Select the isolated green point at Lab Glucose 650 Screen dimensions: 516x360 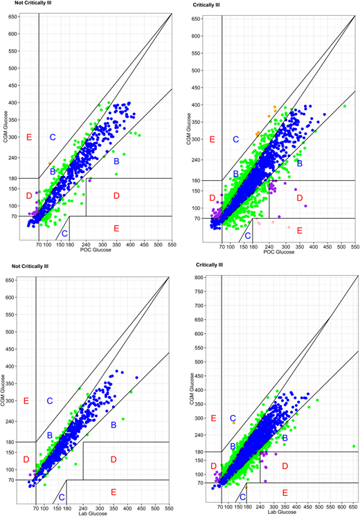(354, 447)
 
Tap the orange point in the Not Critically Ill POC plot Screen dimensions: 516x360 (49, 163)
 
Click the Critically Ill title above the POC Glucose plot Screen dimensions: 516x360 (207, 6)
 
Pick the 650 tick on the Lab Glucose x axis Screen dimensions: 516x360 (354, 504)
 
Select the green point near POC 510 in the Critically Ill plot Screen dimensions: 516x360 (344, 106)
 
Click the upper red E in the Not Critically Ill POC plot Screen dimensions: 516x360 (28, 137)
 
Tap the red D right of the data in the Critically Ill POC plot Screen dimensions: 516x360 (300, 198)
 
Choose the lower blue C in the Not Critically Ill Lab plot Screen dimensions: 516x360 (62, 497)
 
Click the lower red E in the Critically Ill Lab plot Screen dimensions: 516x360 (285, 492)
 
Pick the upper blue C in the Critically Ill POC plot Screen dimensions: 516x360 (235, 139)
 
